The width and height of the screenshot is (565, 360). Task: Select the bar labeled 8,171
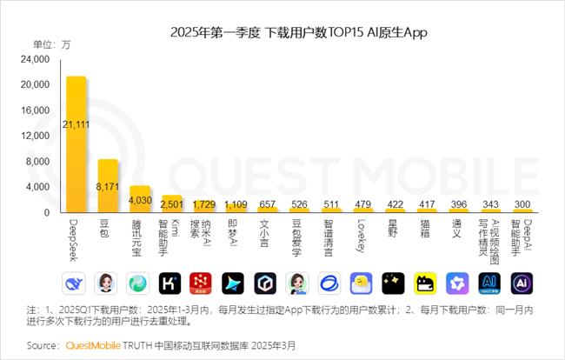108,186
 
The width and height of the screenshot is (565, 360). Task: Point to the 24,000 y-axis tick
37,59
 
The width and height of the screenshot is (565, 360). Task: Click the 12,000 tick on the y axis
37,136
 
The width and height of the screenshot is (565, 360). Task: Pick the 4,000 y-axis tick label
39,187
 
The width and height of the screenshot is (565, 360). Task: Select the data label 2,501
172,204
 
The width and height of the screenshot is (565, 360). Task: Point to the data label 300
522,204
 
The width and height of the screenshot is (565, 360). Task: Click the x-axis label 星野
394,230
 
